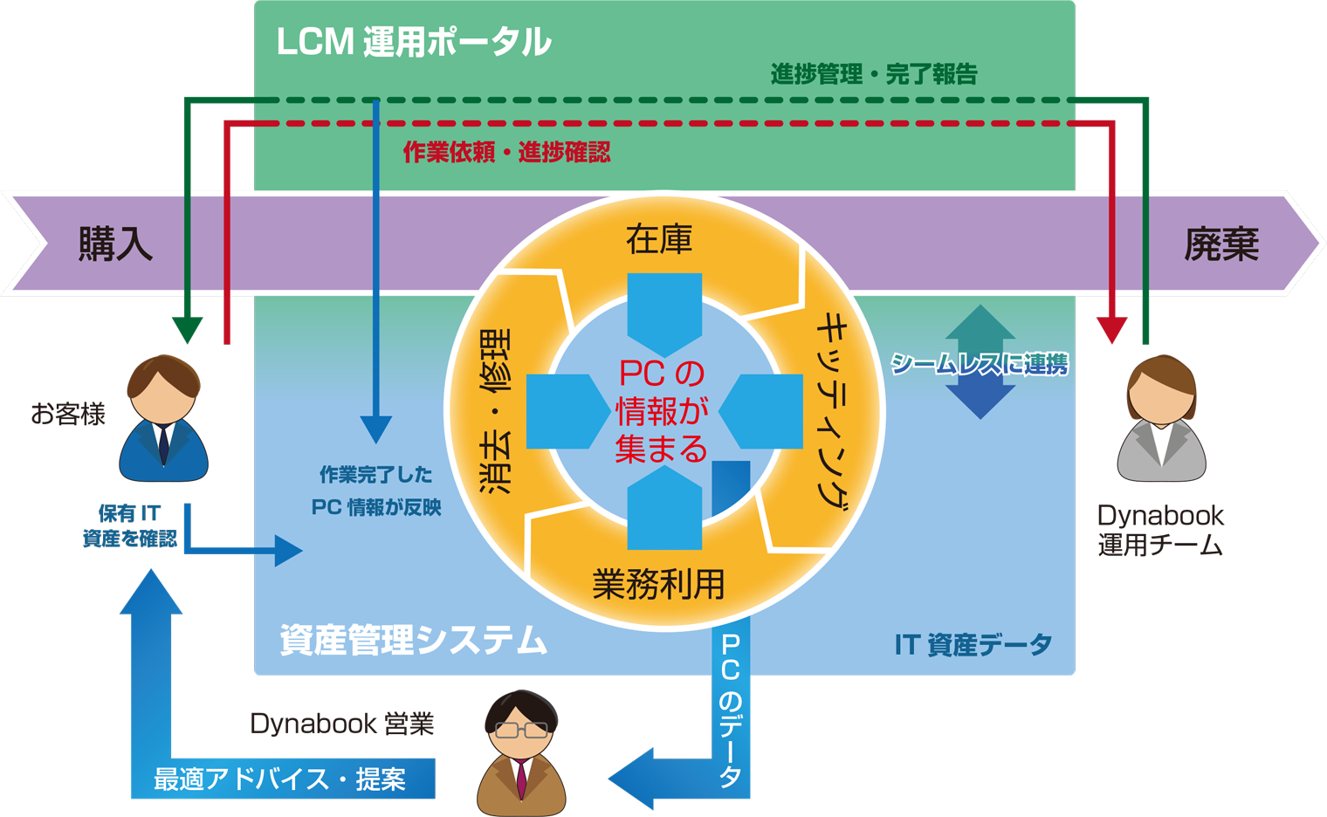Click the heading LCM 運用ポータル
(413, 42)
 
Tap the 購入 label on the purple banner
(115, 244)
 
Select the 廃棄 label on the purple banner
(1220, 244)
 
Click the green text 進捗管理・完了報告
(873, 74)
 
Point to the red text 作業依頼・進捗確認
(506, 153)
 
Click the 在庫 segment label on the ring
(659, 239)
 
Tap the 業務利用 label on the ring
(658, 584)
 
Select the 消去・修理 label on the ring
(495, 411)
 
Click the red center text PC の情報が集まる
(661, 411)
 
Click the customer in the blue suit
(163, 419)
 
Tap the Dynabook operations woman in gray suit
(1161, 419)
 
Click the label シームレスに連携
(979, 364)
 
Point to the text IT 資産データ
(973, 645)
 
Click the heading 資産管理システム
(413, 640)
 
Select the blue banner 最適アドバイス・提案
(280, 779)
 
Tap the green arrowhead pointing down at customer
(187, 330)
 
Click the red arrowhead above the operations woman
(1111, 330)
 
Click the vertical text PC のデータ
(731, 711)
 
